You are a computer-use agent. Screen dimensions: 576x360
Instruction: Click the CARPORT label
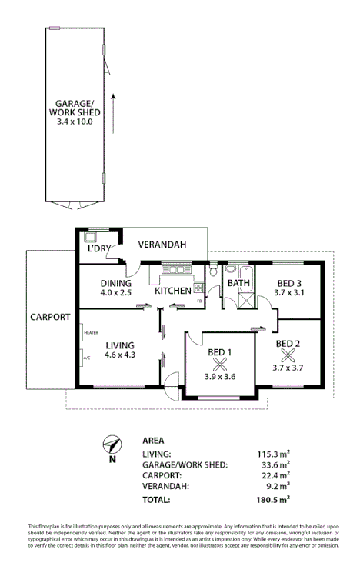click(x=50, y=316)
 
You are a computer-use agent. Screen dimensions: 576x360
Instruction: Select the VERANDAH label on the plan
click(x=163, y=245)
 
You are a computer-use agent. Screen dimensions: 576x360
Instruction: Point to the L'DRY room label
click(x=99, y=248)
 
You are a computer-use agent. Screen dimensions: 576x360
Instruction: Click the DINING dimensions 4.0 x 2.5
click(x=116, y=292)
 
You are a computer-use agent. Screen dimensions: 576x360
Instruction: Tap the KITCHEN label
click(x=172, y=291)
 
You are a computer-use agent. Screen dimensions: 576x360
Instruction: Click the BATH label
click(x=238, y=284)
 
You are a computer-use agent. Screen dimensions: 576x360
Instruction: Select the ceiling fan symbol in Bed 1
click(x=221, y=365)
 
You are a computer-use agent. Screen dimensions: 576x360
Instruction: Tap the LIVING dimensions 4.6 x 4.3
click(x=120, y=355)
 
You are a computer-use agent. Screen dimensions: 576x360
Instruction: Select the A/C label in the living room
click(x=86, y=358)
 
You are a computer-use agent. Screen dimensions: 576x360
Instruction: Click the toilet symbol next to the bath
click(x=213, y=270)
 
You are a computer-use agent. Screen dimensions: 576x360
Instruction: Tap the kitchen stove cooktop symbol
click(x=198, y=288)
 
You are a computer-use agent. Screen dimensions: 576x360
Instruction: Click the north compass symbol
click(x=112, y=445)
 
